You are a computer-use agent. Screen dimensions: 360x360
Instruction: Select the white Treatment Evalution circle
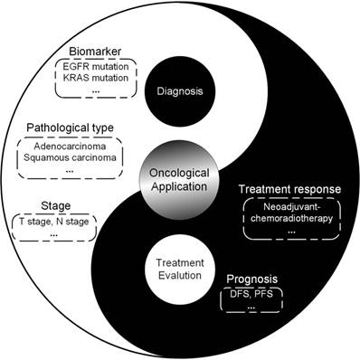click(181, 269)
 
